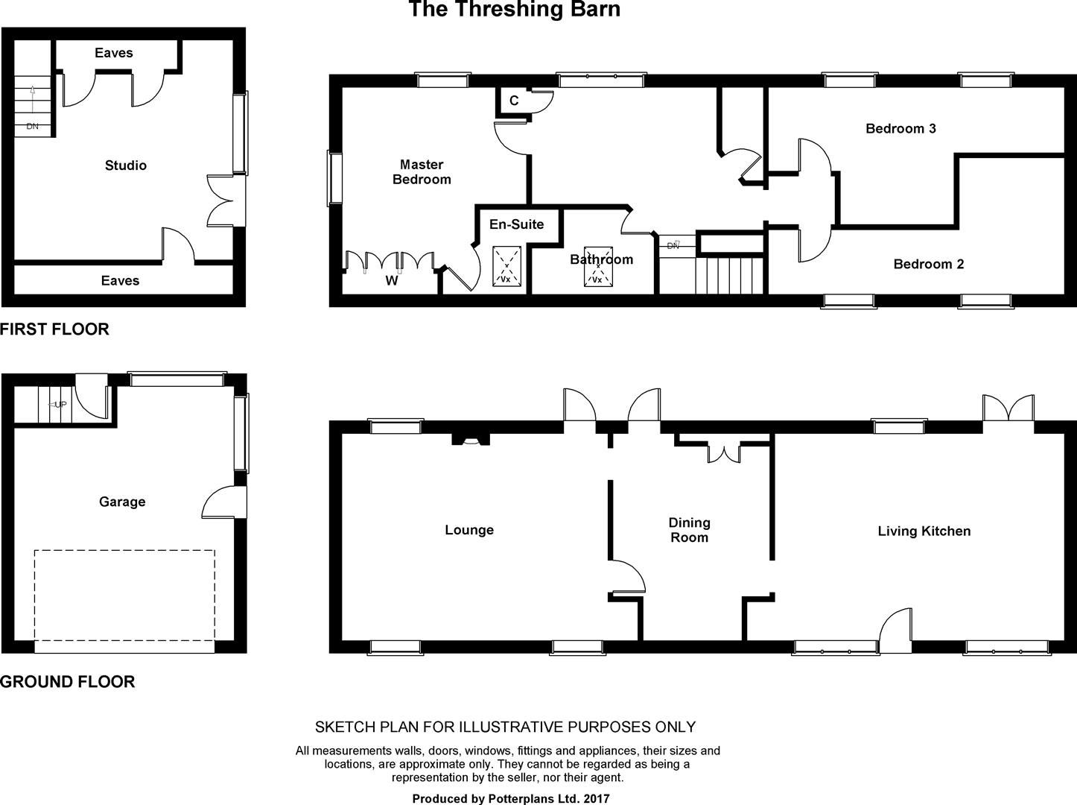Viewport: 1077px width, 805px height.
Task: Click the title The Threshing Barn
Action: click(x=514, y=9)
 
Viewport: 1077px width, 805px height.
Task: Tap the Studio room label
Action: click(x=126, y=165)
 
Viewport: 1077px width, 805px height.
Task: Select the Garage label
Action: click(x=122, y=502)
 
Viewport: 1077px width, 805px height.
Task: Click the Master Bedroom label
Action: click(x=422, y=171)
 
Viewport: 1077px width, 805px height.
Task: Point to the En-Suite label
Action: click(x=517, y=224)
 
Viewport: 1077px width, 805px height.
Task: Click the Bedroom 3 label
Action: click(x=901, y=129)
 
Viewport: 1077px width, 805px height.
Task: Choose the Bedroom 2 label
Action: click(x=928, y=264)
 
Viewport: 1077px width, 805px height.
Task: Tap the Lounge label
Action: click(x=469, y=530)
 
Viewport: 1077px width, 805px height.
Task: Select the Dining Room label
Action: click(x=690, y=530)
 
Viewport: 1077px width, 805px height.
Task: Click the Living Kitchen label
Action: click(x=924, y=531)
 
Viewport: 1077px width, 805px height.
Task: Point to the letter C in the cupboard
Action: click(x=514, y=101)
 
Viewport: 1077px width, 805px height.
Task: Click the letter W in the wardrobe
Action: click(x=392, y=280)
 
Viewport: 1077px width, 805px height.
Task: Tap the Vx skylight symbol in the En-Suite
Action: click(x=507, y=266)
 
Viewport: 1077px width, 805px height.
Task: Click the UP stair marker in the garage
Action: click(x=58, y=405)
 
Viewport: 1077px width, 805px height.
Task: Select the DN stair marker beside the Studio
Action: click(x=32, y=126)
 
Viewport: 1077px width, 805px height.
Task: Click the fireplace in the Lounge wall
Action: click(x=471, y=440)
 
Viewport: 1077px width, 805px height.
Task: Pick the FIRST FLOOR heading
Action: click(x=54, y=329)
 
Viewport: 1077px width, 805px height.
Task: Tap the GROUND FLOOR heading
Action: click(x=67, y=682)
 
